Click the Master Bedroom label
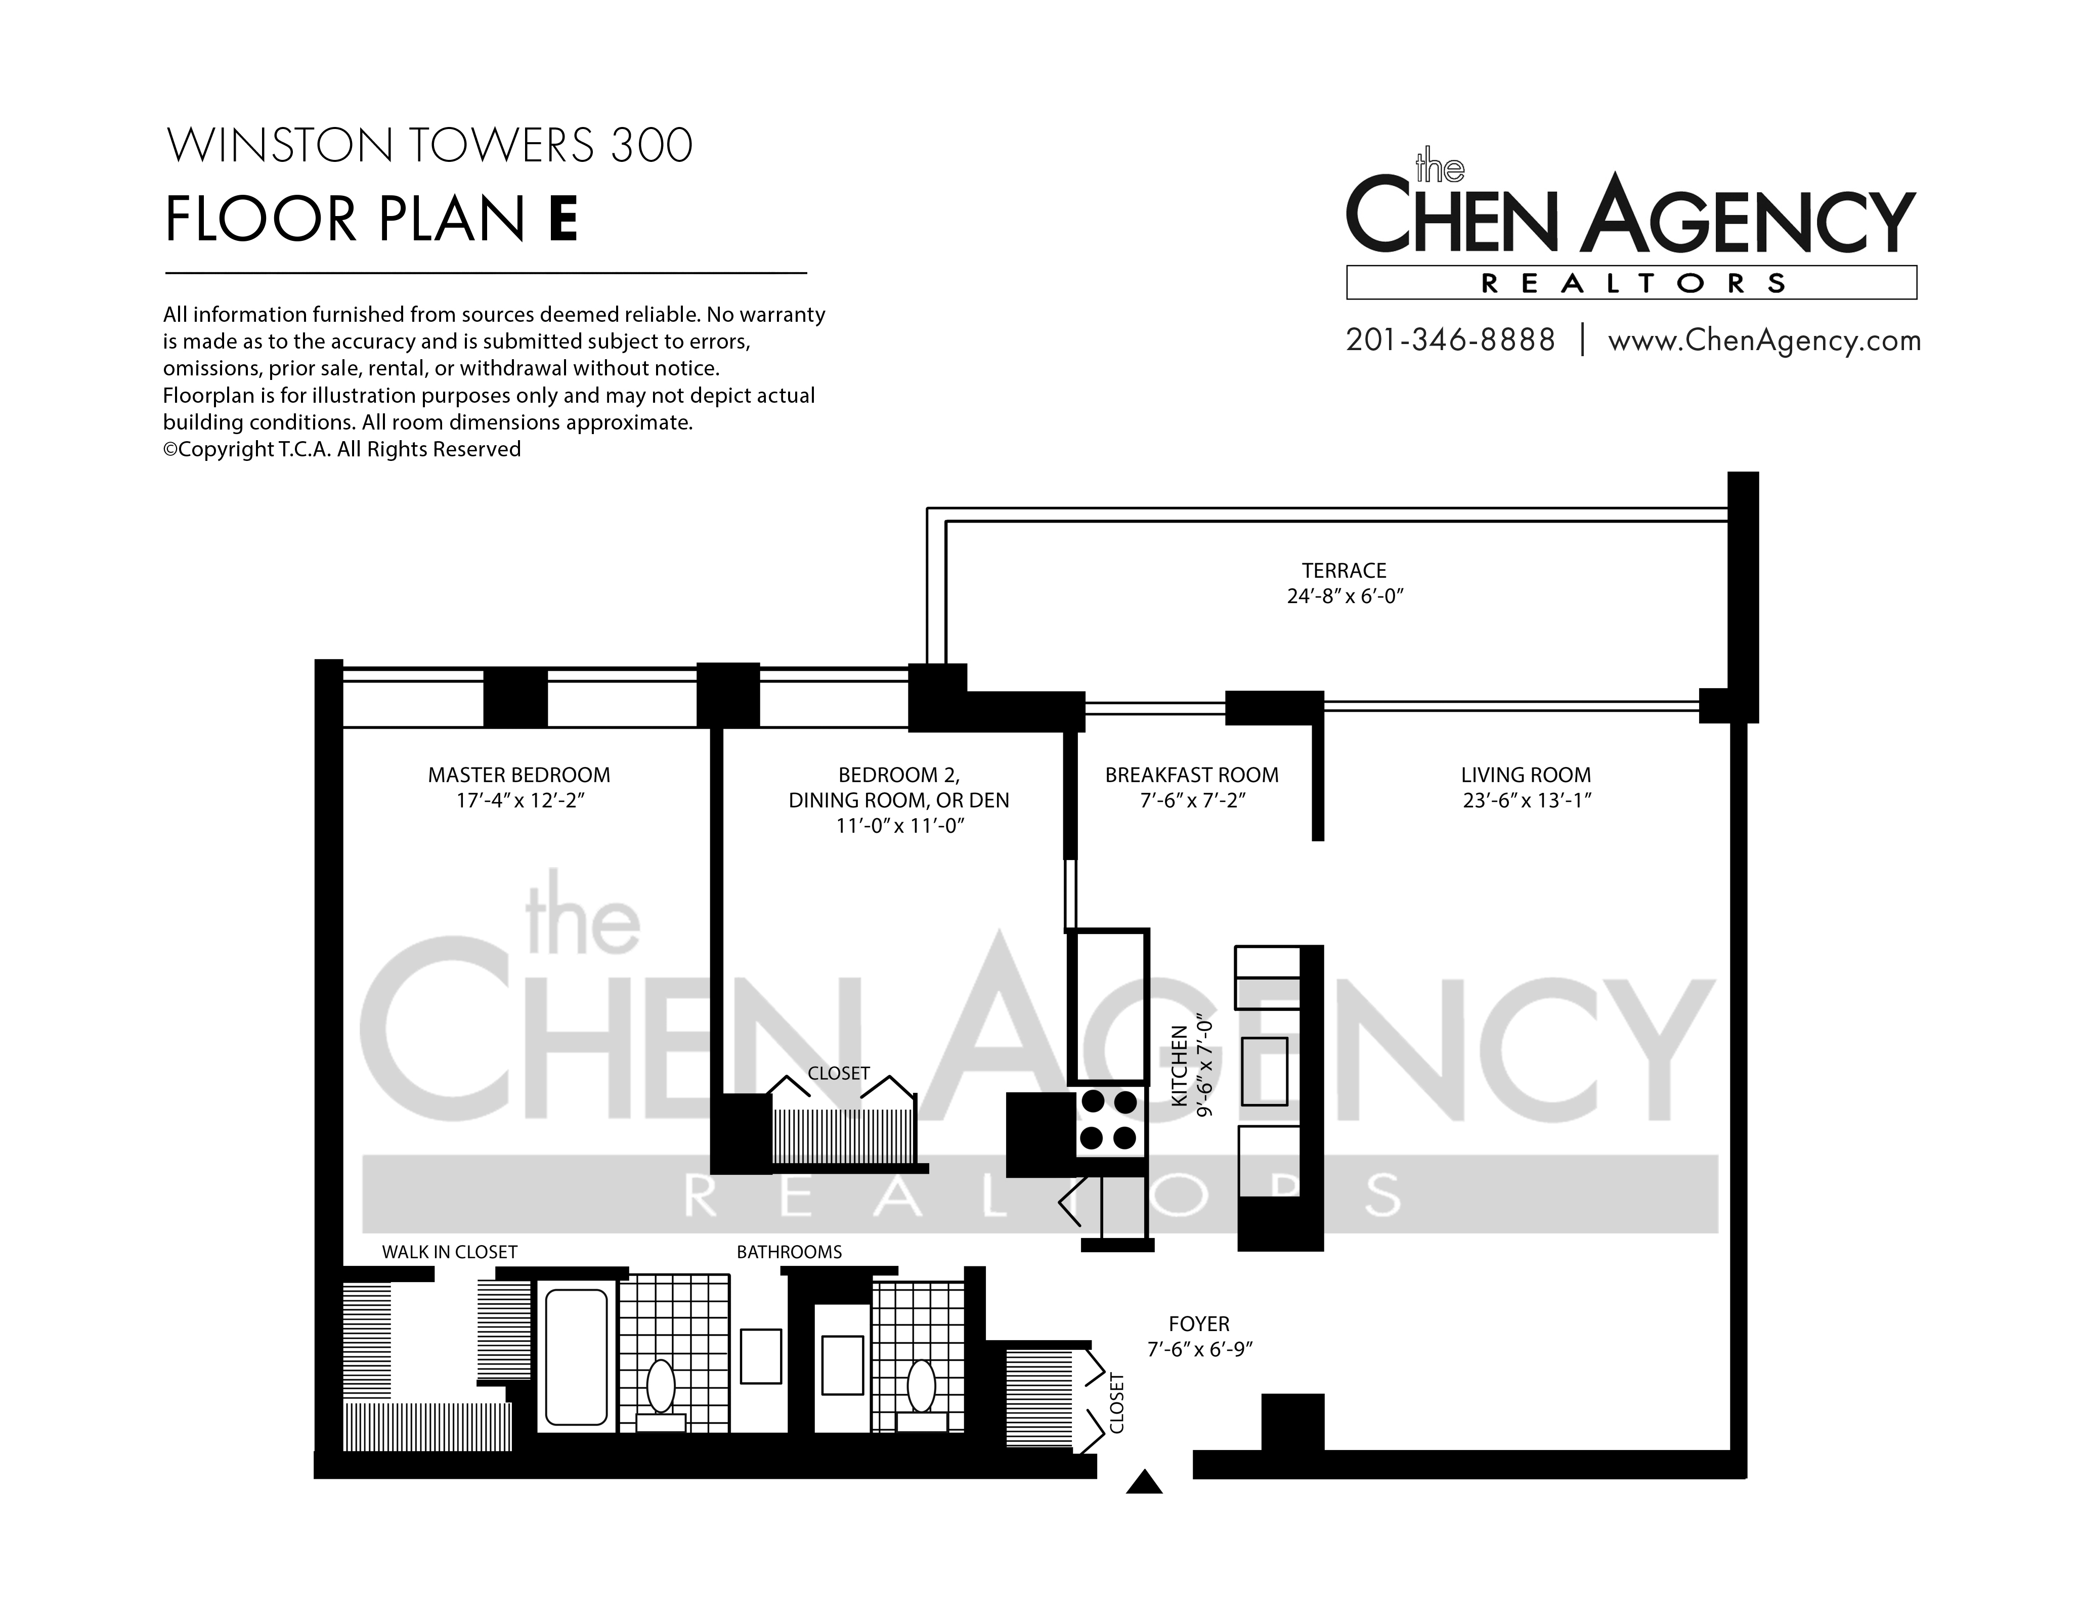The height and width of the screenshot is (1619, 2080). tap(519, 775)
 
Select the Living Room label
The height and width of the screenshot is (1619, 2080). tap(1526, 775)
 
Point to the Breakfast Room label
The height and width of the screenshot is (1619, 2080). tap(1191, 775)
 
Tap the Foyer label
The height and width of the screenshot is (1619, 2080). tap(1199, 1324)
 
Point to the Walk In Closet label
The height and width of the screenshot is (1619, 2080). tap(450, 1252)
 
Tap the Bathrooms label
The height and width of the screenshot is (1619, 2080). tap(790, 1252)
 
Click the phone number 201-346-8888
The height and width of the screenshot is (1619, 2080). tap(1450, 340)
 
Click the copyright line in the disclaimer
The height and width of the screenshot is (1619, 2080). tap(342, 449)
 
